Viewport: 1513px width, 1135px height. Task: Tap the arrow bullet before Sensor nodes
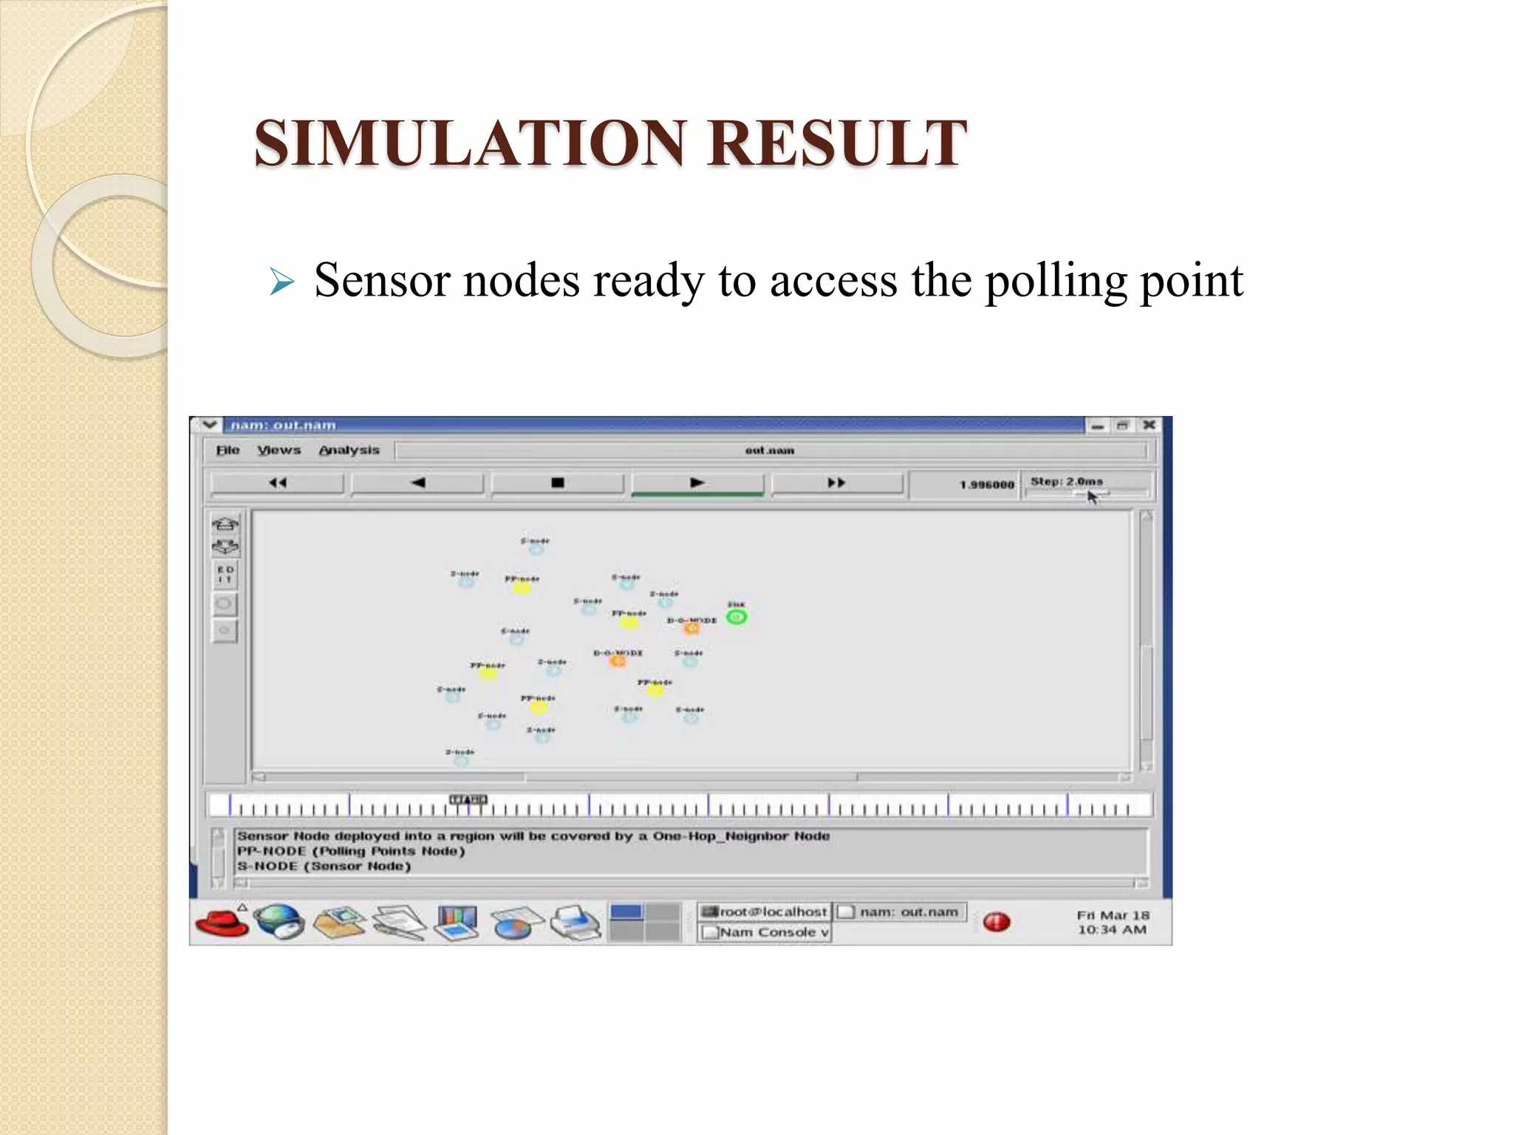point(282,282)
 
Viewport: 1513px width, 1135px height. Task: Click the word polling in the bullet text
point(1055,281)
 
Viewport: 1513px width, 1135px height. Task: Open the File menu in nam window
point(228,450)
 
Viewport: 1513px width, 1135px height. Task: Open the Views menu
point(279,450)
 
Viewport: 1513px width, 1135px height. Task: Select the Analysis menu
point(349,450)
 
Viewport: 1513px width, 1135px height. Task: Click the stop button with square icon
point(558,483)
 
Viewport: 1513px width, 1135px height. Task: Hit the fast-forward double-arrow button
point(836,483)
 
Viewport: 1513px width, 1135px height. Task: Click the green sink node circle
point(737,617)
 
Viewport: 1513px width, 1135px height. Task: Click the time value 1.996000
point(987,485)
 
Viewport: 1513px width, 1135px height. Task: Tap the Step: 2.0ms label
point(1067,481)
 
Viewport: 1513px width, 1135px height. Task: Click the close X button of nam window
point(1149,425)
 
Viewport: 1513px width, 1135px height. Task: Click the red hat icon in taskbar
point(222,923)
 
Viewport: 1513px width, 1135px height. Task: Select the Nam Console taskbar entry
point(766,933)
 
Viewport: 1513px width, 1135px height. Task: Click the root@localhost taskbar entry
point(765,912)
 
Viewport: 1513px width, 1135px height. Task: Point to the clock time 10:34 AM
point(1112,930)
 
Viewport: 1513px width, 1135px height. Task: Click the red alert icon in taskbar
point(997,921)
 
